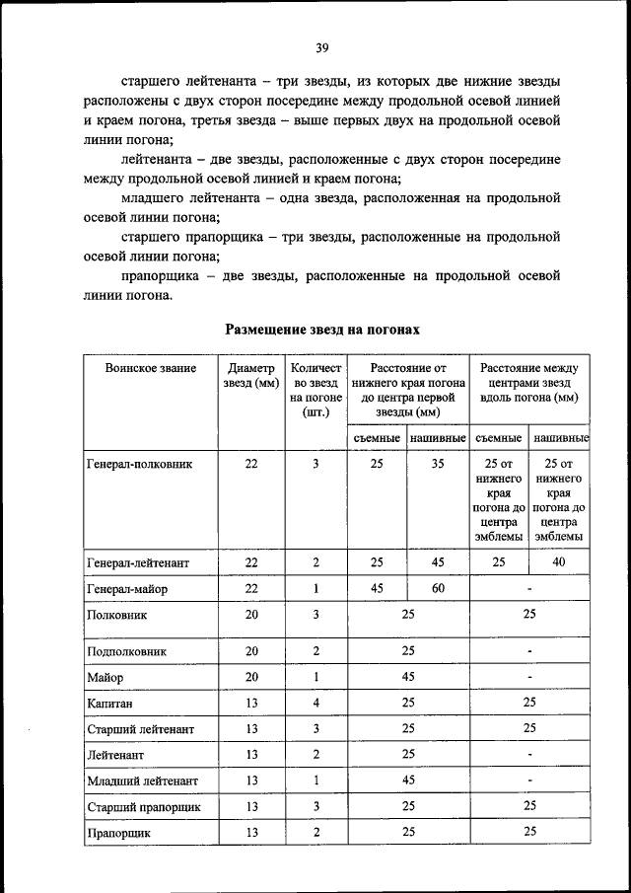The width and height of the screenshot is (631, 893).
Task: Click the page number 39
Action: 321,48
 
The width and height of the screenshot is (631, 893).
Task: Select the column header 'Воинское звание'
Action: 151,368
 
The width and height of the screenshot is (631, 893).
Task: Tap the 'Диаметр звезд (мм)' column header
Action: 251,375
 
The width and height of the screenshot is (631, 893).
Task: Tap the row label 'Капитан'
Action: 109,704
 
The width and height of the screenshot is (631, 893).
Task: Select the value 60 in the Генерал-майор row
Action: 438,588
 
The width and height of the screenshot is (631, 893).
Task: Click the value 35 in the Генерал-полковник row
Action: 438,463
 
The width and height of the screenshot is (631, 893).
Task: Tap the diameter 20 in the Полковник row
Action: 251,614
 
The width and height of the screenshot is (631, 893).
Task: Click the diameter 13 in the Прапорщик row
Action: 251,832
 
